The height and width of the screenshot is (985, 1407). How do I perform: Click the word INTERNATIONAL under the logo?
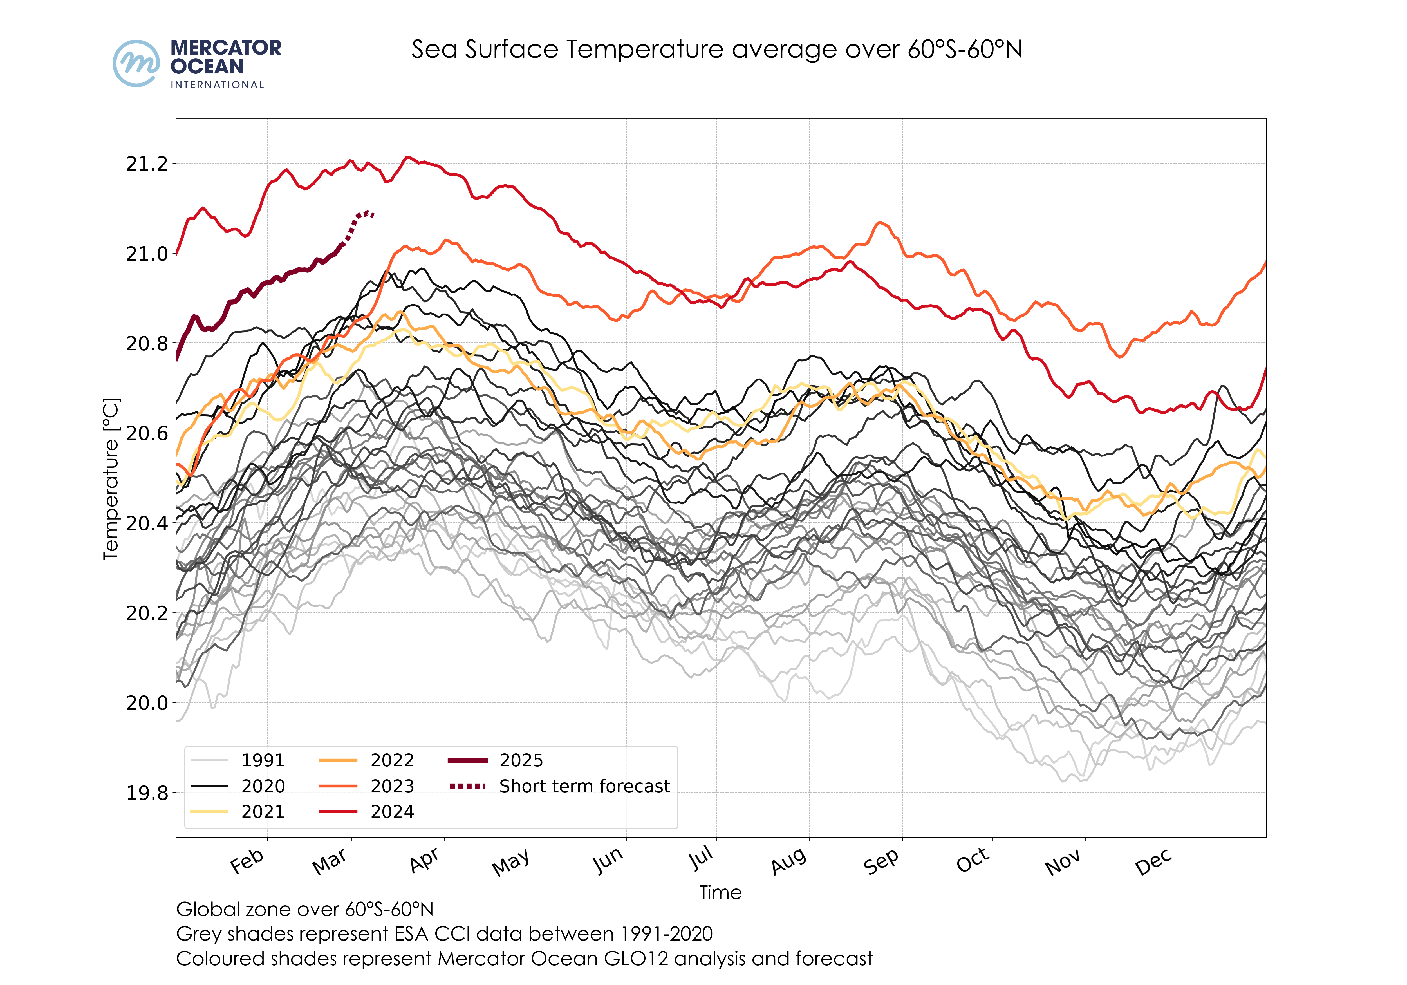(x=217, y=85)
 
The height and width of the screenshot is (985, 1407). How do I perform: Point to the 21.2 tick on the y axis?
(x=146, y=164)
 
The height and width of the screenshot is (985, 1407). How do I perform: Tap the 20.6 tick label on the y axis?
(x=146, y=433)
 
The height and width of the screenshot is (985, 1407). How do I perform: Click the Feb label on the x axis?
(x=247, y=861)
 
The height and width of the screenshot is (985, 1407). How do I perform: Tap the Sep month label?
(x=881, y=861)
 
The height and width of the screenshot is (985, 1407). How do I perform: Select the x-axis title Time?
(x=721, y=892)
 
